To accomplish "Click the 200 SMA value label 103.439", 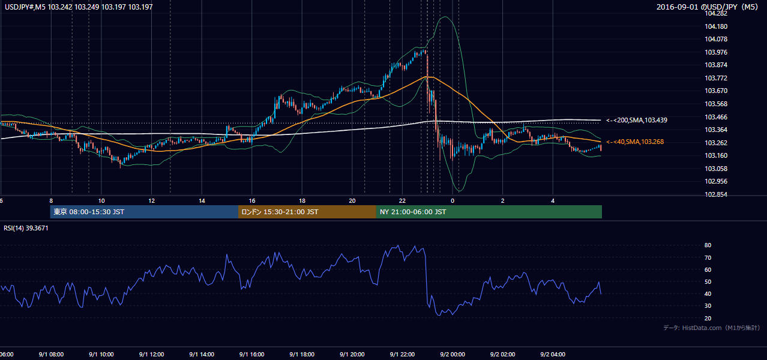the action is pos(637,120).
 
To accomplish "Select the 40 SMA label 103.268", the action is pos(635,142).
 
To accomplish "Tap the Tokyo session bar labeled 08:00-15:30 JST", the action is pos(144,212).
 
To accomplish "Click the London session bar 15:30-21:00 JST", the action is pos(307,212).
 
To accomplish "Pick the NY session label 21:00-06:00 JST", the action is pos(412,212).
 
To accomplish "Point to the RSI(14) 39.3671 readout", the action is pos(26,228).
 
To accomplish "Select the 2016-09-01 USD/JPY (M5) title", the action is pos(708,7).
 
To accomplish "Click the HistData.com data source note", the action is pos(712,328).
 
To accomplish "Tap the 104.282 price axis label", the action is pos(716,13).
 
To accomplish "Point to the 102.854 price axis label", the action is pos(716,194).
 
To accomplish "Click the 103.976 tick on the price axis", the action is pos(716,52).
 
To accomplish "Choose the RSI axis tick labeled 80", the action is pos(708,245).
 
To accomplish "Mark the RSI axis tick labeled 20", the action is pos(708,318).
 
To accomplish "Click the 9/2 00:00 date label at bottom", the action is pos(453,354).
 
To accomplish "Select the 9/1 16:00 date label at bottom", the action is pos(251,354).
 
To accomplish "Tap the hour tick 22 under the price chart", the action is pos(402,201).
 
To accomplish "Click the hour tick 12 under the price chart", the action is pos(151,201).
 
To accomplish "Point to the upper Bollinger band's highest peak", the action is pos(445,16).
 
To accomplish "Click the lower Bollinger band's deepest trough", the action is pos(460,191).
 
